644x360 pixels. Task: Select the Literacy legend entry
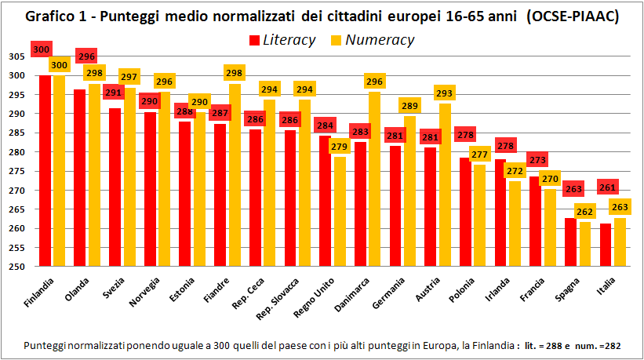click(x=282, y=40)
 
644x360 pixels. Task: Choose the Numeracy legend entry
click(x=373, y=40)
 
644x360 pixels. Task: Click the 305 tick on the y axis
click(x=16, y=56)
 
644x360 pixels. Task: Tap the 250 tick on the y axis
click(x=16, y=267)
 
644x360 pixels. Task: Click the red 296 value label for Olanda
click(x=86, y=56)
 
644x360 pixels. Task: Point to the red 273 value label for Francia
click(x=537, y=160)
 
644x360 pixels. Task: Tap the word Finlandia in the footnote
click(x=489, y=345)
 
